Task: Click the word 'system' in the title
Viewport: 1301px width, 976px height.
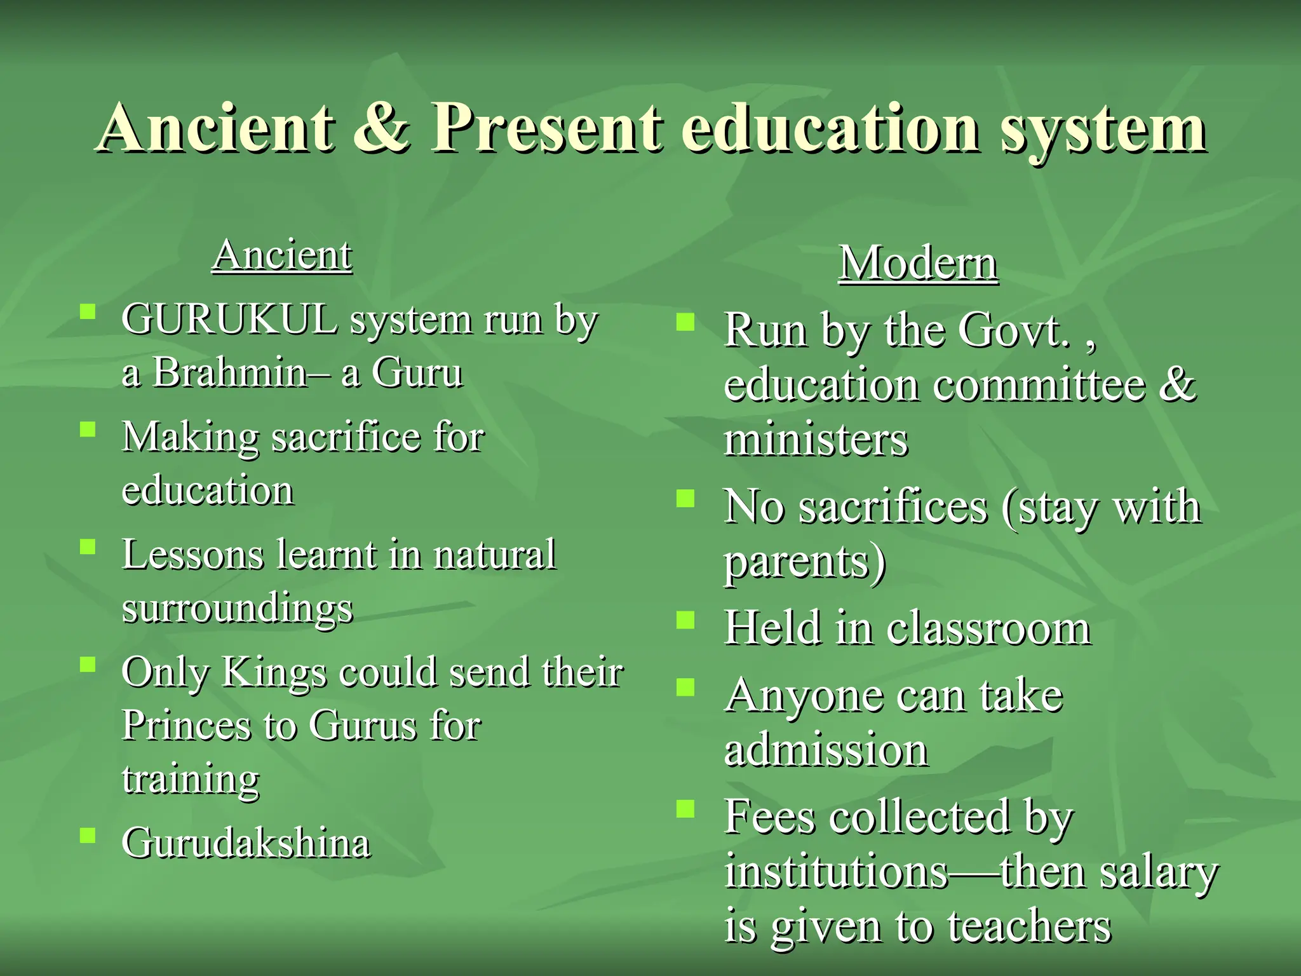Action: pyautogui.click(x=1104, y=130)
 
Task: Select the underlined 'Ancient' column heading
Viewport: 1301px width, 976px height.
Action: pyautogui.click(x=282, y=255)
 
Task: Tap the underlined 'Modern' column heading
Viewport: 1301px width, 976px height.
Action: pyautogui.click(x=918, y=263)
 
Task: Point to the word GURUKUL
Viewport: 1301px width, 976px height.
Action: pyautogui.click(x=229, y=319)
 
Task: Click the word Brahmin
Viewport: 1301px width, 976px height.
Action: pyautogui.click(x=230, y=372)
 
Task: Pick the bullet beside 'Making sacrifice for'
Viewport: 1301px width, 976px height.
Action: pyautogui.click(x=88, y=430)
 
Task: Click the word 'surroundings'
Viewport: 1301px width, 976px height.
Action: pyautogui.click(x=237, y=609)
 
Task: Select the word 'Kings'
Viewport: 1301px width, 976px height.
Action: pyautogui.click(x=273, y=672)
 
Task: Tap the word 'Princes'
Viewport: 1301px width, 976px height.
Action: pyautogui.click(x=186, y=726)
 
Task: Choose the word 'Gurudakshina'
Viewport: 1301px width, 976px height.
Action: pyautogui.click(x=246, y=844)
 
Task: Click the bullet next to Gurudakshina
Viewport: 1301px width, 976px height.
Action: pyautogui.click(x=88, y=835)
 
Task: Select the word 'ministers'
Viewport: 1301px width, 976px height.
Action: pyautogui.click(x=816, y=440)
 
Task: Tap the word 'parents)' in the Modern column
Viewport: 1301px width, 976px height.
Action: pyautogui.click(x=805, y=562)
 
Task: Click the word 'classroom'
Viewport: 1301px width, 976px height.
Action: pyautogui.click(x=988, y=628)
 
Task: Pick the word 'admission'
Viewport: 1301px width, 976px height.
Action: pyautogui.click(x=826, y=750)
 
